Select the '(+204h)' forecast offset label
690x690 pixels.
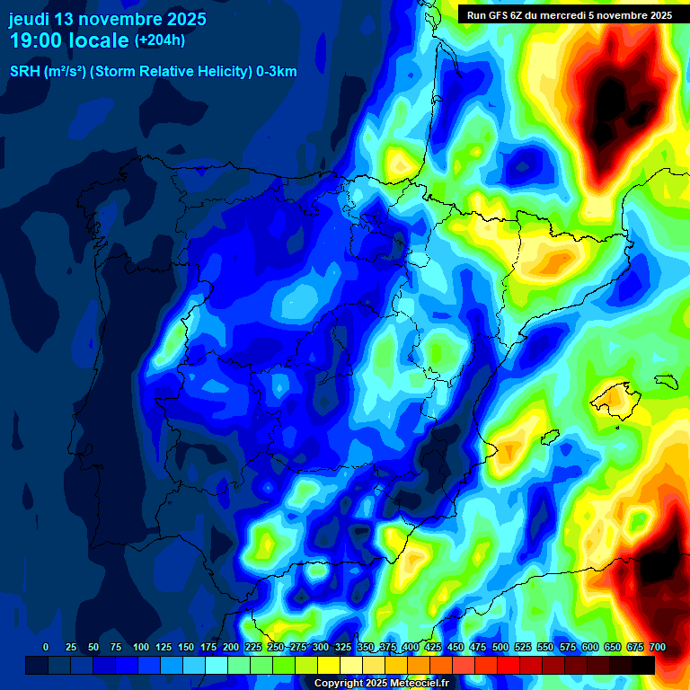[160, 40]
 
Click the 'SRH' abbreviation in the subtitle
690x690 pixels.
[24, 72]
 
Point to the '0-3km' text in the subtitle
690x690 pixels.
[277, 72]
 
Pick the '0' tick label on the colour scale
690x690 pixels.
[46, 647]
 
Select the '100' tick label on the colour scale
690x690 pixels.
[140, 647]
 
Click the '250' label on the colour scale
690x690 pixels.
[275, 647]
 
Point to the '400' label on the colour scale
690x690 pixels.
[411, 647]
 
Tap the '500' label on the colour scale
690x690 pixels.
[500, 647]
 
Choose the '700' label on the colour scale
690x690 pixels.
[657, 647]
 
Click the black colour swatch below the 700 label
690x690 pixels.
[643, 665]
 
